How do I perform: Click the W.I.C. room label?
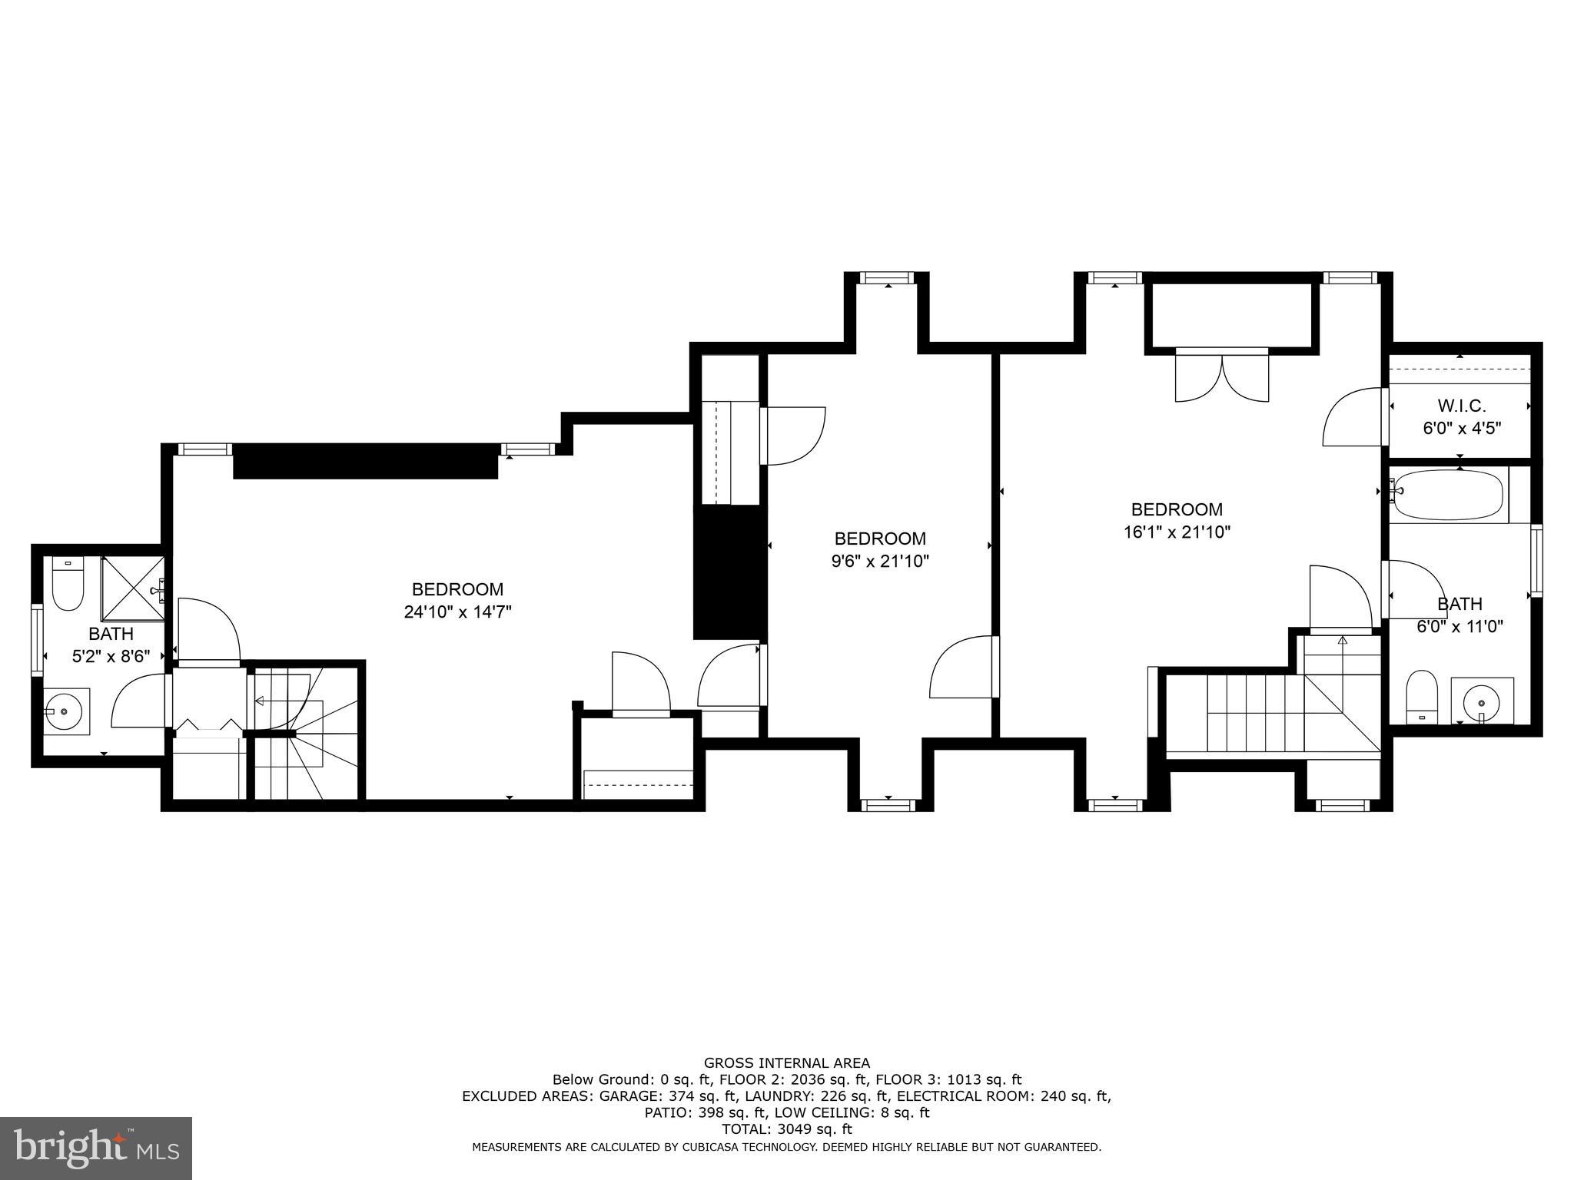[1461, 406]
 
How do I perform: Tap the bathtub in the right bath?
[1448, 494]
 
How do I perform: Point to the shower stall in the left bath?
[132, 588]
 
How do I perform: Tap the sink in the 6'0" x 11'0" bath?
[1480, 701]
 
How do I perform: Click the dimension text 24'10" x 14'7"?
[457, 612]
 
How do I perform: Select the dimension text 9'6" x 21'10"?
[880, 562]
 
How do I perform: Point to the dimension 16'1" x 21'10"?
[1177, 532]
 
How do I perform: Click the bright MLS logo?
[96, 1148]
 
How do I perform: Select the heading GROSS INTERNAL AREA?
[787, 1063]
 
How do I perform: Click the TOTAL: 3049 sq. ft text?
[787, 1129]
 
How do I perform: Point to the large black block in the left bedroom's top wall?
[366, 461]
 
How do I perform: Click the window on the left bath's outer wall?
[36, 640]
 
